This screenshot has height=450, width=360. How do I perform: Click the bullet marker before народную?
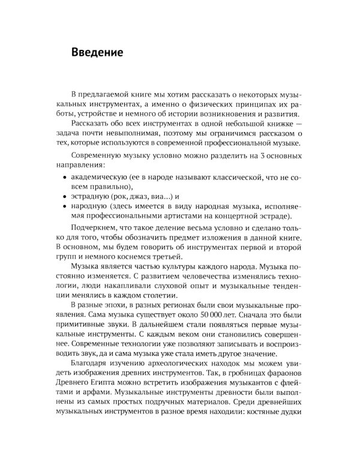64,206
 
